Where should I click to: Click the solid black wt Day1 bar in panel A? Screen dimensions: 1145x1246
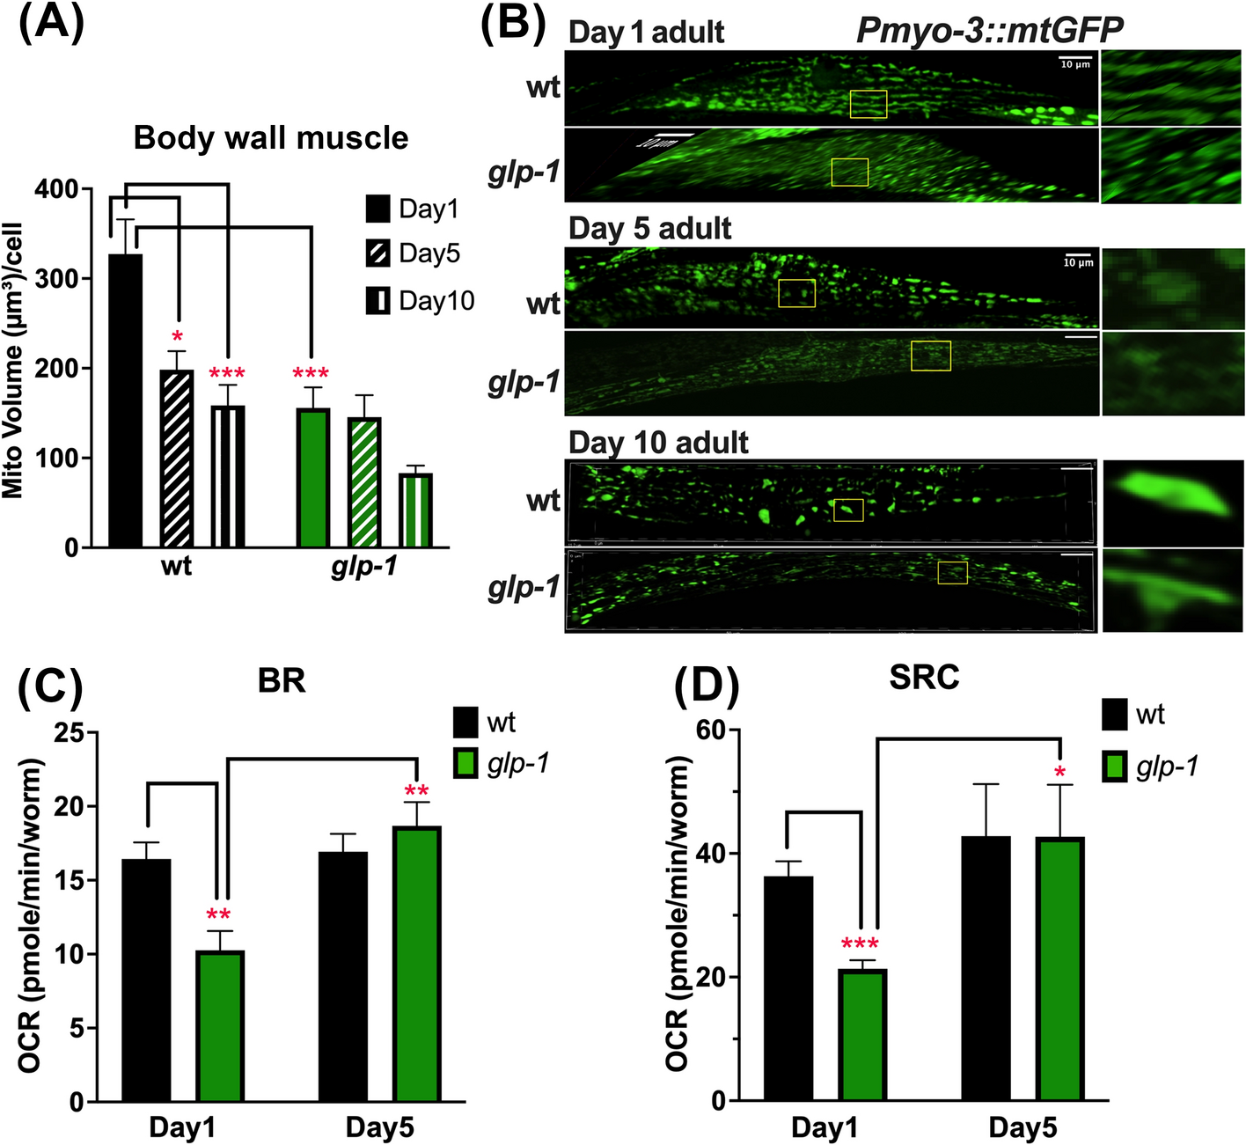(x=125, y=400)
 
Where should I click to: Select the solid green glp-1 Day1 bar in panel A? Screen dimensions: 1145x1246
(x=312, y=478)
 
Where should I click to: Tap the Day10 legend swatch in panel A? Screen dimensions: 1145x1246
(x=378, y=300)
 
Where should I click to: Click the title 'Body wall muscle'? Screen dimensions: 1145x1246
(x=271, y=138)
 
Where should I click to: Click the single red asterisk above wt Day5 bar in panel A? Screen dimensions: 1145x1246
(x=178, y=338)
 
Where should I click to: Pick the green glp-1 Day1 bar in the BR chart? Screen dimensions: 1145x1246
(x=220, y=1026)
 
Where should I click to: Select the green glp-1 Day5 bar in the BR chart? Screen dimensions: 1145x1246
(x=417, y=964)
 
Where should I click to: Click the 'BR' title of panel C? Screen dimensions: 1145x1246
(x=282, y=680)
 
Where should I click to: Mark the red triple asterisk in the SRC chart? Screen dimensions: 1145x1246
(x=860, y=945)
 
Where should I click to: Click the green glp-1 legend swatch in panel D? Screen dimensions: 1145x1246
(x=1115, y=766)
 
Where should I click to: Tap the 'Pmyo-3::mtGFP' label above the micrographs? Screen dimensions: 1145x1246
(x=990, y=31)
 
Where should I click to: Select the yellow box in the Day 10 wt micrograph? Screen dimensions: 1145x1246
(x=848, y=510)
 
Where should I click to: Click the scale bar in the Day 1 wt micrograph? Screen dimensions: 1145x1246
(x=1074, y=59)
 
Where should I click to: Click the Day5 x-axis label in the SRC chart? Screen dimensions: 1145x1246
(x=1022, y=1127)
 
